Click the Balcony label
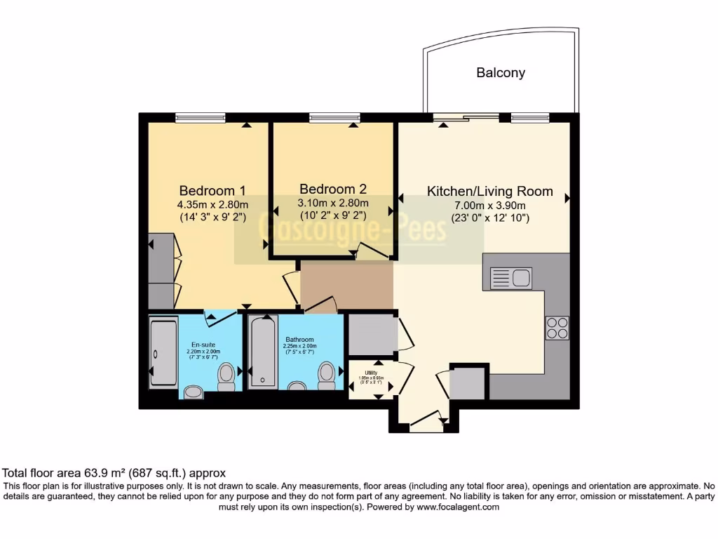pyautogui.click(x=500, y=72)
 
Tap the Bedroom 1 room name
pyautogui.click(x=212, y=190)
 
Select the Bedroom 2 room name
pyautogui.click(x=333, y=189)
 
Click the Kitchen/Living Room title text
pyautogui.click(x=490, y=191)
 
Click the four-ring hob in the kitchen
pyautogui.click(x=557, y=328)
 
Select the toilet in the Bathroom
pyautogui.click(x=326, y=375)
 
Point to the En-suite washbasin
pyautogui.click(x=191, y=390)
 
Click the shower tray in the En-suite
pyautogui.click(x=163, y=353)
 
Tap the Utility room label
pyautogui.click(x=372, y=372)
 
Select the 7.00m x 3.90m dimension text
pyautogui.click(x=490, y=205)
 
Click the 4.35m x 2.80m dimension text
pyautogui.click(x=212, y=204)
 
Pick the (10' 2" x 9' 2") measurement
pyautogui.click(x=333, y=216)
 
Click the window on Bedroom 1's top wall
pyautogui.click(x=200, y=117)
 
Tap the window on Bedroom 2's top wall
pyautogui.click(x=334, y=117)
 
